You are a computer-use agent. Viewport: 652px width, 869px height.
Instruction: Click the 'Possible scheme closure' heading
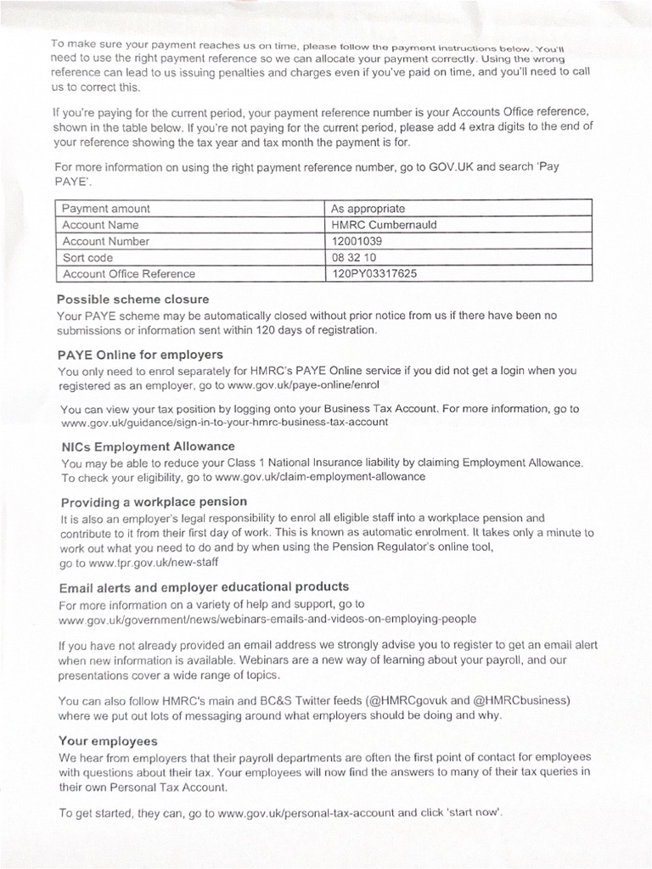point(132,300)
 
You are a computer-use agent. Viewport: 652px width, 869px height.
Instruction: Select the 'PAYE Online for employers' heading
point(140,355)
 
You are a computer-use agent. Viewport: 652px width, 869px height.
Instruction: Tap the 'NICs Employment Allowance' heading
point(148,446)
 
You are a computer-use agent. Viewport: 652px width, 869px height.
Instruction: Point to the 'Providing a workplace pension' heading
point(154,502)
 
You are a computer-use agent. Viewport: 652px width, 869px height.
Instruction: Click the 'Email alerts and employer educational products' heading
point(204,587)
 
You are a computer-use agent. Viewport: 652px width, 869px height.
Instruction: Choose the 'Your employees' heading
point(108,741)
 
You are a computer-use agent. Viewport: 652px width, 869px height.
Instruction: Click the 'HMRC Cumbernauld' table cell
point(384,225)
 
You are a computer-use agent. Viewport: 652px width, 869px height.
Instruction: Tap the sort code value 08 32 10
point(354,257)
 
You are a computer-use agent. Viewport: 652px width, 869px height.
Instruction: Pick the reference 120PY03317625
point(374,273)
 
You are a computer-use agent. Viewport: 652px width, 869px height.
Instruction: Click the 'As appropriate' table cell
point(368,209)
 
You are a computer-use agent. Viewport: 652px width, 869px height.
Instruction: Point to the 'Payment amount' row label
point(106,209)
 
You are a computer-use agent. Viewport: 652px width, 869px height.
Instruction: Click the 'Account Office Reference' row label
point(128,273)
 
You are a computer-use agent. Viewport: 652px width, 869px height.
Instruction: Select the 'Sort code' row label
point(87,257)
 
